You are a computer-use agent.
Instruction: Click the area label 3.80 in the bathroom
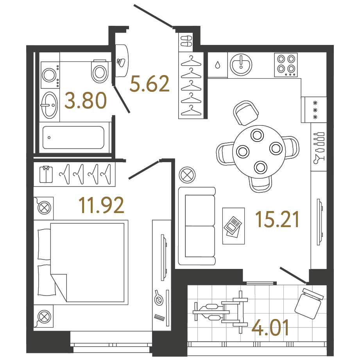[x=86, y=101]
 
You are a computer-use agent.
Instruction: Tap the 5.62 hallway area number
[x=150, y=84]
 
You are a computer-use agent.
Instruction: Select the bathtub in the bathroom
[x=73, y=137]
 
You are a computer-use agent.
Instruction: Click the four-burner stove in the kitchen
[x=286, y=64]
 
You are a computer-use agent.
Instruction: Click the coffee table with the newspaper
[x=233, y=226]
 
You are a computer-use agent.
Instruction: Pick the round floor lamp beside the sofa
[x=187, y=174]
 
